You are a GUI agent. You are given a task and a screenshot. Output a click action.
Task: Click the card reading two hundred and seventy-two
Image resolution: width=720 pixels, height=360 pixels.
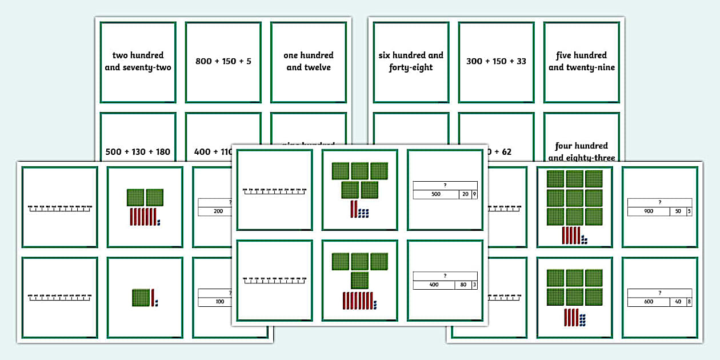point(138,61)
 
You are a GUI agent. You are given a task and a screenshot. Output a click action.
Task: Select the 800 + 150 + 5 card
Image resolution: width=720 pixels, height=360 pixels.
point(223,61)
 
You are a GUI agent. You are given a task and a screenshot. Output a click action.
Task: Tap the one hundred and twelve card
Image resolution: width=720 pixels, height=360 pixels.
point(309,61)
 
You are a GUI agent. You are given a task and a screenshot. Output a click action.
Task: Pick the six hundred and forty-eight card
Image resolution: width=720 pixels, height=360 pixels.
point(411,61)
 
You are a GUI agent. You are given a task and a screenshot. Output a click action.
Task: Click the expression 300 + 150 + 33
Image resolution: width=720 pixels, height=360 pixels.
point(496,61)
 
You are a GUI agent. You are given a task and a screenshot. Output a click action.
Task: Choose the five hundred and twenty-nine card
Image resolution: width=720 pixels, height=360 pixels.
point(581,61)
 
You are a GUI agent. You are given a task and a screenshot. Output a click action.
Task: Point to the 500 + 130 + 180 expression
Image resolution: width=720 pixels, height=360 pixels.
point(138,152)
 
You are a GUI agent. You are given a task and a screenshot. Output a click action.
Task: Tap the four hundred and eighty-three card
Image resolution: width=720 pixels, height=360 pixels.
point(581,151)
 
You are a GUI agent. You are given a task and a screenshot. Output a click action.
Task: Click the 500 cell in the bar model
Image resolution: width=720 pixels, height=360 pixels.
point(436,194)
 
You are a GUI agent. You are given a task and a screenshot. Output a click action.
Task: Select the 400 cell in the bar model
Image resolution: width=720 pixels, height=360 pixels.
point(434,285)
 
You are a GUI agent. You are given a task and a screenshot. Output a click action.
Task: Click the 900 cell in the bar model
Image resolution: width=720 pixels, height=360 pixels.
point(649,211)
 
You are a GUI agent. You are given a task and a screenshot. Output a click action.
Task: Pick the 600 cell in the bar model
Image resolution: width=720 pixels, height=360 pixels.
point(647,302)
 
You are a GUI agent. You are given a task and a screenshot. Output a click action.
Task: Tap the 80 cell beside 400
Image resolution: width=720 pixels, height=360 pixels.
point(463,285)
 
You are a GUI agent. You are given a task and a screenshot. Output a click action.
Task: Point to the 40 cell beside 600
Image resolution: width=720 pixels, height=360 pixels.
point(678,302)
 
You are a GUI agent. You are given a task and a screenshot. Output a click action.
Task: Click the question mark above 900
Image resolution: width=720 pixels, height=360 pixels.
point(659,202)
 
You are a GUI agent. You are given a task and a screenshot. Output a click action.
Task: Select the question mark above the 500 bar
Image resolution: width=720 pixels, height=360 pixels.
point(445,185)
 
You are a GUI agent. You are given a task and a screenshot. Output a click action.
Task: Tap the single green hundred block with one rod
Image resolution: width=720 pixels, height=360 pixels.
point(141,297)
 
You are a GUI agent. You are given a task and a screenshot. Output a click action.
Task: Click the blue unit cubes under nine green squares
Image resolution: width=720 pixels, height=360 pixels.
point(583,238)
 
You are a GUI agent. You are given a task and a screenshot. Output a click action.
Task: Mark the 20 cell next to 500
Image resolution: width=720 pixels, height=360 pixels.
point(465,194)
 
